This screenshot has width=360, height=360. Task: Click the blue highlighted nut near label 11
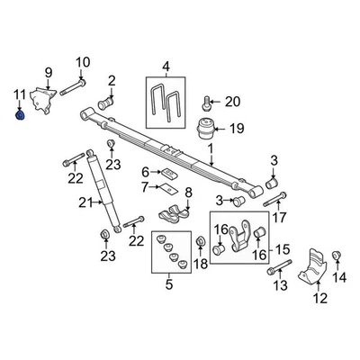19,113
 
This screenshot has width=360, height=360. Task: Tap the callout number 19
236,130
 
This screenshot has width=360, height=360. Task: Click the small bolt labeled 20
208,102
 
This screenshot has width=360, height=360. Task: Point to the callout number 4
165,67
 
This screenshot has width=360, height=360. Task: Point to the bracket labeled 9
40,97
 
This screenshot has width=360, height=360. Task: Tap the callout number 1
208,148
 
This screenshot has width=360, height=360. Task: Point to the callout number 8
187,193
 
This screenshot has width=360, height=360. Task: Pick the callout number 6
146,171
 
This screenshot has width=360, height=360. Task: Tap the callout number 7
146,186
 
